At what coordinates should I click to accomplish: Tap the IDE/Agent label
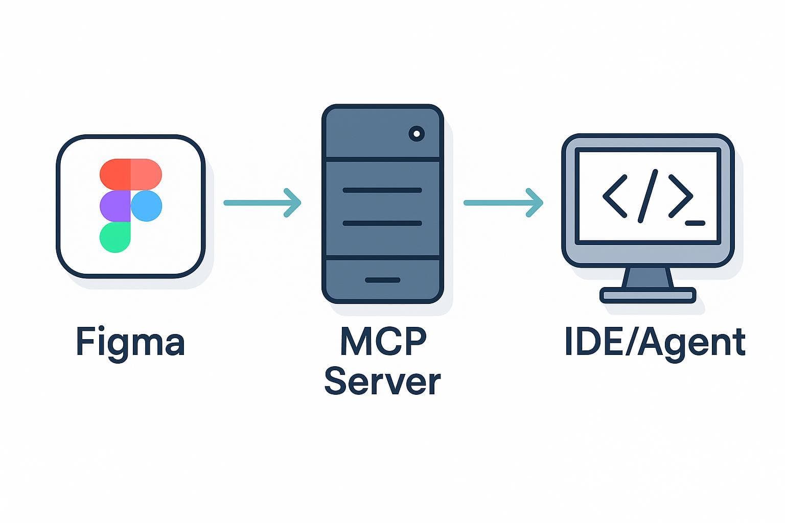(x=655, y=342)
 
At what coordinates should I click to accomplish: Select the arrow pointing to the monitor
(x=503, y=203)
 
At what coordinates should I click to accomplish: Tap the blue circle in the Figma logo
(x=147, y=206)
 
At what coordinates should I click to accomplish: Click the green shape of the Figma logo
(x=114, y=237)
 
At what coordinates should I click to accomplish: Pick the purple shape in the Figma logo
(x=115, y=206)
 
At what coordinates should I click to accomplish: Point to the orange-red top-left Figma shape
(x=115, y=174)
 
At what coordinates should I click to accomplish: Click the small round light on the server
(x=417, y=134)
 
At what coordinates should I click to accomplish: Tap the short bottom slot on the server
(x=382, y=280)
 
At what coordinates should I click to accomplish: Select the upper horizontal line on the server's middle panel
(x=382, y=190)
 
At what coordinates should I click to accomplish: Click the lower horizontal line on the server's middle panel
(x=382, y=223)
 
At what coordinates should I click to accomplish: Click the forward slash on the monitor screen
(x=648, y=196)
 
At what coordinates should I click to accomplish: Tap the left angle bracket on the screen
(x=615, y=196)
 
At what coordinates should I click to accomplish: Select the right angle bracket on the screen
(x=680, y=196)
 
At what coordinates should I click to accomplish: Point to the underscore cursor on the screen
(x=695, y=223)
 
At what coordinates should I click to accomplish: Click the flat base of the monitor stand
(x=648, y=295)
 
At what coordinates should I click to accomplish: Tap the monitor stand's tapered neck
(x=648, y=278)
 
